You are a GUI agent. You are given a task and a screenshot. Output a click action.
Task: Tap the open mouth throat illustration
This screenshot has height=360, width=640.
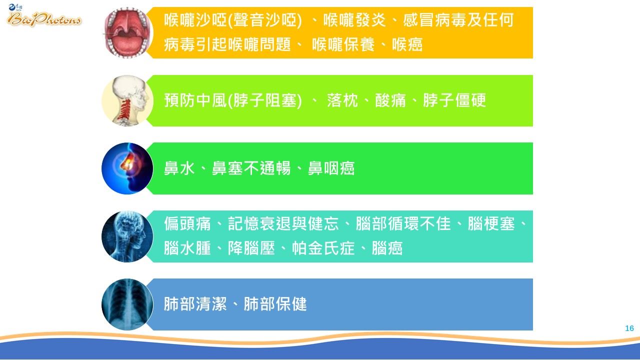127,33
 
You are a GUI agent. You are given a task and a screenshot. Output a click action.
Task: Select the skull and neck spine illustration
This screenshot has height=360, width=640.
127,100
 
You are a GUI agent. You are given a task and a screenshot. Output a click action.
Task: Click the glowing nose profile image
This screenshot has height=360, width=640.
127,168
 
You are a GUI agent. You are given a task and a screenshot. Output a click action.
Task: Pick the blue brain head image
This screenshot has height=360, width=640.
127,236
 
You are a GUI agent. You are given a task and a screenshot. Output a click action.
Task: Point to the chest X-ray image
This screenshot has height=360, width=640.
127,304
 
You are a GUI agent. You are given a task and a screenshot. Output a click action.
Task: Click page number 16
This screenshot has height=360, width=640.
629,328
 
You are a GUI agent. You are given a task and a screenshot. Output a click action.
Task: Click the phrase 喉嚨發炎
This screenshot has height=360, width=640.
354,20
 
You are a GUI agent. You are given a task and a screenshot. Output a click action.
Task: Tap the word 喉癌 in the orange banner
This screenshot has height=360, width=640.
407,45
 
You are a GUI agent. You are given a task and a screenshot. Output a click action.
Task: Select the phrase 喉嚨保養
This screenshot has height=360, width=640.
343,45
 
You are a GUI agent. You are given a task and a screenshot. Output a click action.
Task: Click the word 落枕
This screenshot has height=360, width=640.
342,100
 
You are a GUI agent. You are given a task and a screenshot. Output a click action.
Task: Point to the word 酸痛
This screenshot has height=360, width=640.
390,100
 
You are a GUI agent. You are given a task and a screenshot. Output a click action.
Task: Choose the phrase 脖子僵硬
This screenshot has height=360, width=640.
454,100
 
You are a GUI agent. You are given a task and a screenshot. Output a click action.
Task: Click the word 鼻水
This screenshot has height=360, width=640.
179,168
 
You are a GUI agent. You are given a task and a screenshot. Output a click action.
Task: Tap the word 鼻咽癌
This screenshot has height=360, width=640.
331,168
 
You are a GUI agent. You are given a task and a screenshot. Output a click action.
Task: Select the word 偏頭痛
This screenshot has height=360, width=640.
187,223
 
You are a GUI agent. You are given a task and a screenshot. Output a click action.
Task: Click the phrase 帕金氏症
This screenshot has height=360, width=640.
323,248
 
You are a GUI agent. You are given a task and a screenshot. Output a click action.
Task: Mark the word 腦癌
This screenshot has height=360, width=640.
387,248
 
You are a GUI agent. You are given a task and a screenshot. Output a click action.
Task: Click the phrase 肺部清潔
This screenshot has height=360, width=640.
195,304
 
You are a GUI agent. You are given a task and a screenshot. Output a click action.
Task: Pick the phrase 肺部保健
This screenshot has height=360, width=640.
275,304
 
